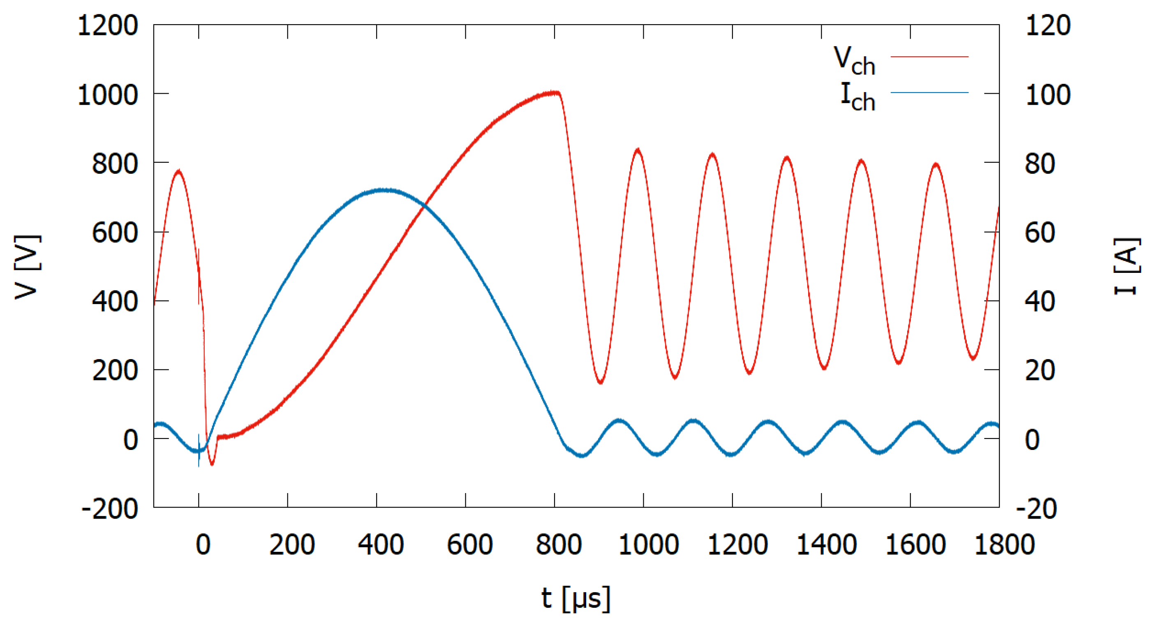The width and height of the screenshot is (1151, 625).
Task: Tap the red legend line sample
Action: [929, 57]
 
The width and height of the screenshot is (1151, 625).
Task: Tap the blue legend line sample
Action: [929, 92]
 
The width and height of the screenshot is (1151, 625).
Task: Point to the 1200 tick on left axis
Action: [108, 25]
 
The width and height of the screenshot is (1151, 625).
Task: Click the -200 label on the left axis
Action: [110, 508]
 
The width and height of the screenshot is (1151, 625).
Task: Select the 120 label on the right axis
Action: [1047, 25]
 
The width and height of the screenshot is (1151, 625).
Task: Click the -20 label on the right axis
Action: [1036, 508]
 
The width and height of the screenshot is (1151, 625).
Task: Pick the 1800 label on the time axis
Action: [1004, 544]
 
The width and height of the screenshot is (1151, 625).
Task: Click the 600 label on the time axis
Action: [469, 544]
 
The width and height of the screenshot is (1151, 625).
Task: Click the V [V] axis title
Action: [28, 267]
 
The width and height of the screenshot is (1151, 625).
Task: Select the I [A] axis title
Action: [1126, 267]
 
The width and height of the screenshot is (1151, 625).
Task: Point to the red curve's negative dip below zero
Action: [212, 464]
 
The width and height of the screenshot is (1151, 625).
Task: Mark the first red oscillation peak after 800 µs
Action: [638, 150]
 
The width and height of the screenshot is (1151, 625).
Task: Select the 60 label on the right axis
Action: [1040, 232]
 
